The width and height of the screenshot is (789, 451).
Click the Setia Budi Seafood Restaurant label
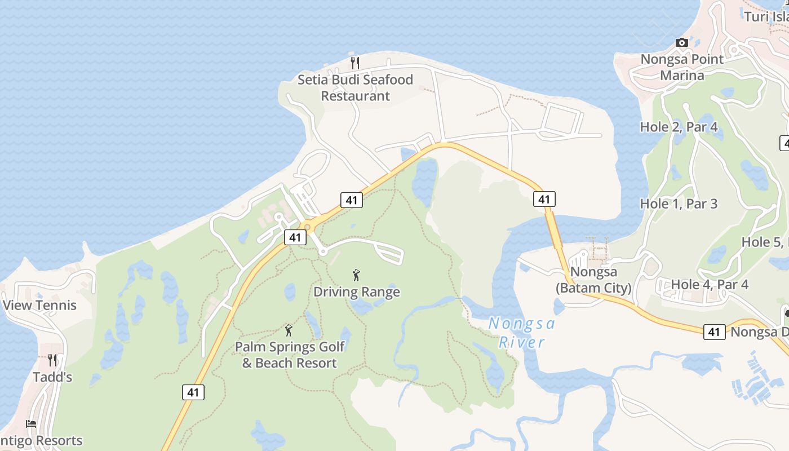(x=355, y=88)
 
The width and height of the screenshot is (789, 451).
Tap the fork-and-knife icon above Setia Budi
(x=355, y=63)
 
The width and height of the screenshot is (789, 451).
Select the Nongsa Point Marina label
(x=682, y=67)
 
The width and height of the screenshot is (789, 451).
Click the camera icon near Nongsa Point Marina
(x=682, y=43)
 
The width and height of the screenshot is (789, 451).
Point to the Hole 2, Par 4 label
(x=679, y=127)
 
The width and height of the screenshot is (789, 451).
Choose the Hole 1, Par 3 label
(x=679, y=204)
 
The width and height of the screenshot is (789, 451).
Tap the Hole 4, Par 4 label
(x=710, y=285)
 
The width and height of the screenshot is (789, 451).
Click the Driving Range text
(x=357, y=292)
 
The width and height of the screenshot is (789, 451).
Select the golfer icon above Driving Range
(x=356, y=275)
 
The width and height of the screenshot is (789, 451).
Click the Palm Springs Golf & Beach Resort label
(x=290, y=355)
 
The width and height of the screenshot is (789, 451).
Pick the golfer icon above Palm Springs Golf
(x=289, y=330)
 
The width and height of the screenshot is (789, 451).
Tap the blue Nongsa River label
(x=522, y=333)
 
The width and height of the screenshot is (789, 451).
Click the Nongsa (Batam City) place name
(x=593, y=280)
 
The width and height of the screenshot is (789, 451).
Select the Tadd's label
(x=52, y=377)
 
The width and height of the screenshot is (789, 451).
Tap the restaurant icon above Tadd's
(x=52, y=360)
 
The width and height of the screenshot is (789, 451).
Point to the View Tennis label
(x=39, y=306)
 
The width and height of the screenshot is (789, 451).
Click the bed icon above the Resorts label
(x=31, y=424)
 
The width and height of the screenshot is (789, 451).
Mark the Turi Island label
(x=766, y=17)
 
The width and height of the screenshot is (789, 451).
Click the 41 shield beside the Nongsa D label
(x=714, y=332)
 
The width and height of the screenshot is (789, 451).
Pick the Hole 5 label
(x=764, y=242)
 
